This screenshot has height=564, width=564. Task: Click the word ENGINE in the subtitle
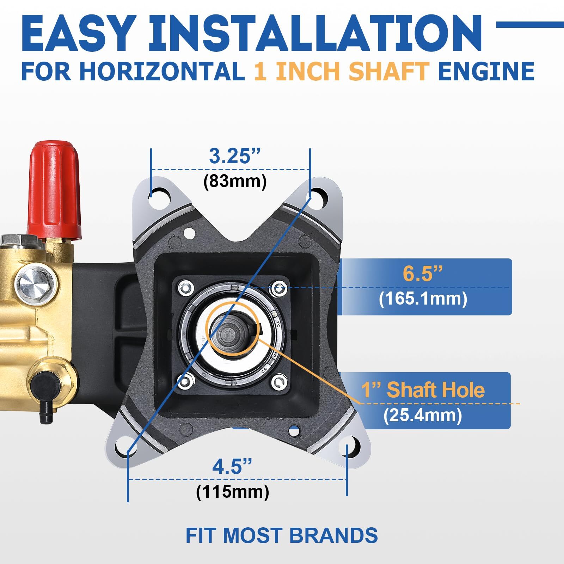pyautogui.click(x=486, y=71)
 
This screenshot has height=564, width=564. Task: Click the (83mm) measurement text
pyautogui.click(x=235, y=182)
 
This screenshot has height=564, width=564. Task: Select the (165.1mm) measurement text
pyautogui.click(x=423, y=299)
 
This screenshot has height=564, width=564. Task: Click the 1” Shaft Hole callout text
pyautogui.click(x=423, y=390)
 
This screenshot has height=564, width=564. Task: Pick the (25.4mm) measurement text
pyautogui.click(x=423, y=415)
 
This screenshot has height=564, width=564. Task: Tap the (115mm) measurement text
pyautogui.click(x=233, y=492)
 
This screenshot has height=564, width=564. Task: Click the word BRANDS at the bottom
pyautogui.click(x=333, y=535)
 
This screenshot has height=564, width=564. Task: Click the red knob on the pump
pyautogui.click(x=54, y=189)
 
